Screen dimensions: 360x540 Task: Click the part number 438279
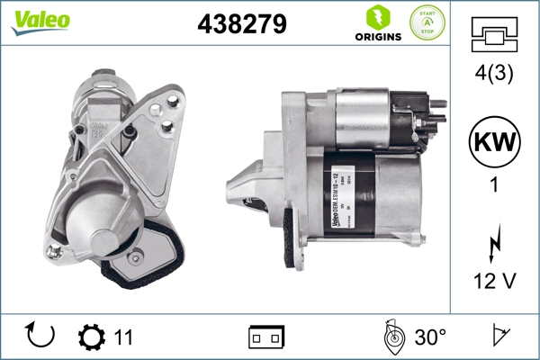pos(241,24)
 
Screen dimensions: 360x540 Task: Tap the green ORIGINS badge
pos(378,23)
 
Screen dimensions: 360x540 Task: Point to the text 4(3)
pos(493,76)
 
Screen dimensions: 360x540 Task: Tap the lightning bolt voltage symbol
pos(493,244)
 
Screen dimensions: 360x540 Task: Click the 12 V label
pos(494,282)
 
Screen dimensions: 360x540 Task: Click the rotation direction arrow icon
pos(40,337)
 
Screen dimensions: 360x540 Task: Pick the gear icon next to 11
pos(91,337)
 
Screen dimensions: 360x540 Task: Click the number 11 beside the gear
pos(123,337)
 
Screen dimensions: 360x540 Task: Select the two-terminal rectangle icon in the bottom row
pos(266,337)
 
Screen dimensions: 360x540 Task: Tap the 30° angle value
pos(429,337)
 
